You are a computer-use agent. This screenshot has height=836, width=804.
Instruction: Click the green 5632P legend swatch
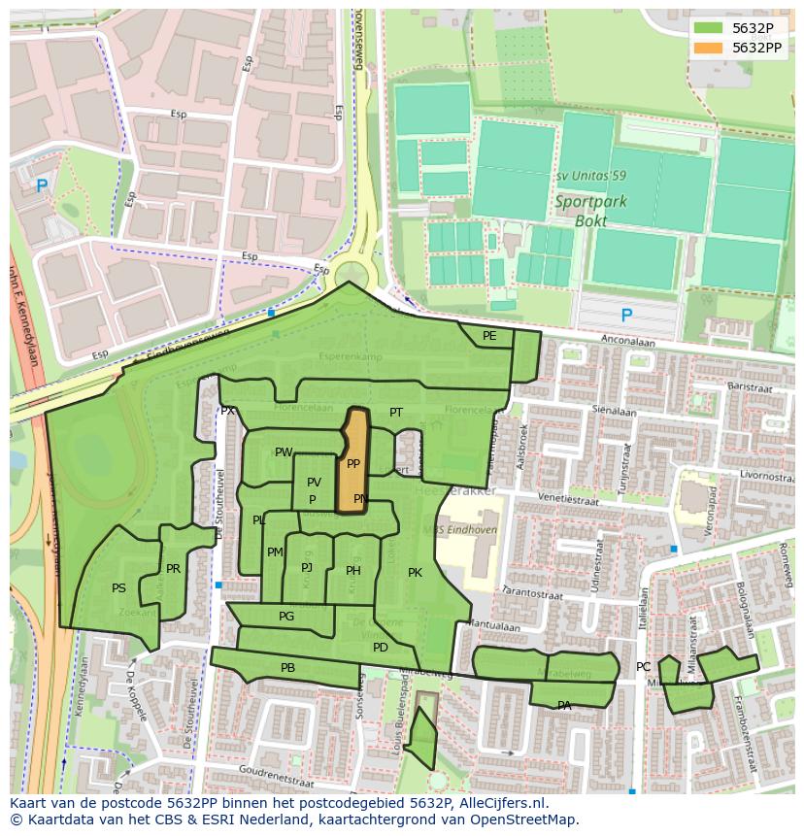(x=709, y=28)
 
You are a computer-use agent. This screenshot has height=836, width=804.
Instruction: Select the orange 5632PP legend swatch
(x=709, y=48)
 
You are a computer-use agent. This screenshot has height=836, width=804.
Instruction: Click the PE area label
(x=489, y=336)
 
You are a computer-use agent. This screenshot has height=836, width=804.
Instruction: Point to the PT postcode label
(x=396, y=413)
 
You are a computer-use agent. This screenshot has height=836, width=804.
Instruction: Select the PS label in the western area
(x=118, y=588)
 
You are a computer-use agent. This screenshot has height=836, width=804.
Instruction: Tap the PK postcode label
(x=415, y=573)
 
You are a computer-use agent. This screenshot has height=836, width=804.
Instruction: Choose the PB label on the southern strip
(x=287, y=668)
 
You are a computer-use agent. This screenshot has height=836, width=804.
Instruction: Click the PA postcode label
(x=564, y=706)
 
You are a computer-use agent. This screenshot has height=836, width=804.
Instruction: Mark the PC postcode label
(x=643, y=667)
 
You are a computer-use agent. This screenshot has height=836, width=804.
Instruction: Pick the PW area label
(x=283, y=452)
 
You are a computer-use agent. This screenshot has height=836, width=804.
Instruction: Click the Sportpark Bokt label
(x=590, y=211)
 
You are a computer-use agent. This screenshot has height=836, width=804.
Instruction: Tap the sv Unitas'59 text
(x=590, y=176)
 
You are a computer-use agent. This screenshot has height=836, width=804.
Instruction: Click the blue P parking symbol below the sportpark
(x=626, y=316)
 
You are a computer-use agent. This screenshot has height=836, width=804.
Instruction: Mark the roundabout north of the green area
(x=349, y=269)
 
